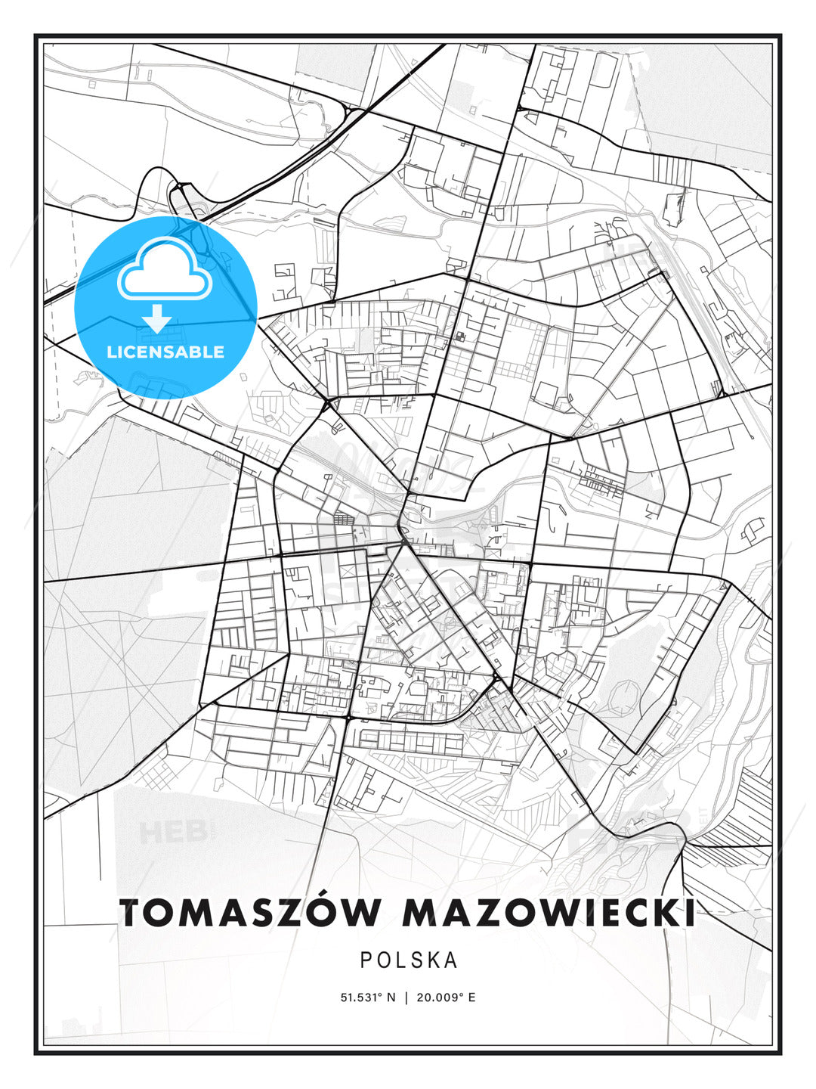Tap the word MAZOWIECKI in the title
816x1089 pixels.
pos(549,913)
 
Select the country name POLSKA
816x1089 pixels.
pos(409,960)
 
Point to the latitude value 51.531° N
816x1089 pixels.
pos(368,997)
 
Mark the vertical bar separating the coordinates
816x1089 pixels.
pos(408,997)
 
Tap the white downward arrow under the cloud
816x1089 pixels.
pos(157,318)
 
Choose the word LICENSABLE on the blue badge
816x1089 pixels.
pos(165,352)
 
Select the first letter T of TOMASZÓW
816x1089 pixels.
pos(133,913)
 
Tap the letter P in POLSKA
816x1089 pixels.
pos(366,960)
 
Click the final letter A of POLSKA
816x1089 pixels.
pos(452,960)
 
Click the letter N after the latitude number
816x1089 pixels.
pos(391,997)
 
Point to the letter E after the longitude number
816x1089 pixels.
pos(472,997)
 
